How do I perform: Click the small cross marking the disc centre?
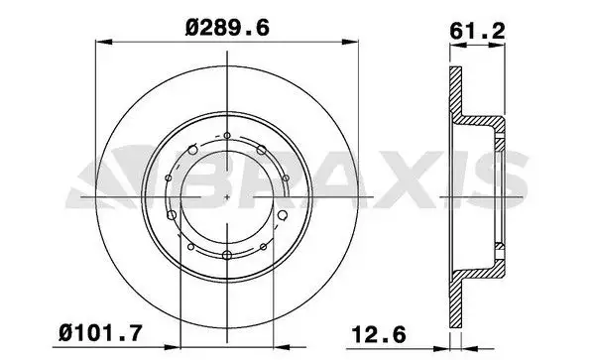(228, 195)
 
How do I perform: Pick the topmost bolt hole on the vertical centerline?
(228, 136)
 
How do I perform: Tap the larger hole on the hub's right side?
(283, 214)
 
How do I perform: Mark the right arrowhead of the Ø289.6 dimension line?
(350, 43)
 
